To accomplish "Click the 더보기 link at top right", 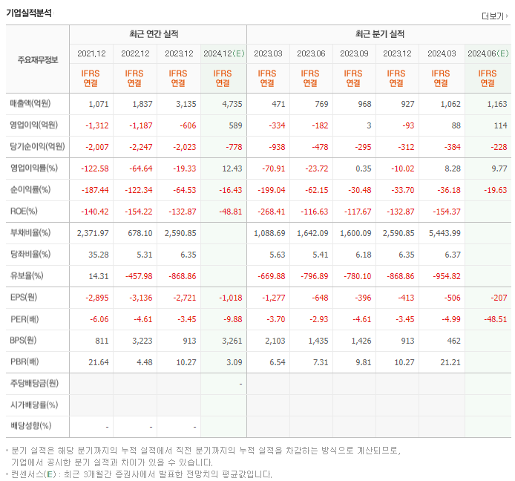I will [x=494, y=16].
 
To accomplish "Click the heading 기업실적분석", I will [x=29, y=12].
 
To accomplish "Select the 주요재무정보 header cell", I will [x=37, y=59].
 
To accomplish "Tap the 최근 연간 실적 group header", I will [x=157, y=34].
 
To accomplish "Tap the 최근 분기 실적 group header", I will [x=380, y=34].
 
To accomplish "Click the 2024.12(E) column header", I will [x=223, y=53].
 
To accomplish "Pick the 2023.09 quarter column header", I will [x=355, y=53].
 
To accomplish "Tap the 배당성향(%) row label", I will [x=30, y=427].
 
